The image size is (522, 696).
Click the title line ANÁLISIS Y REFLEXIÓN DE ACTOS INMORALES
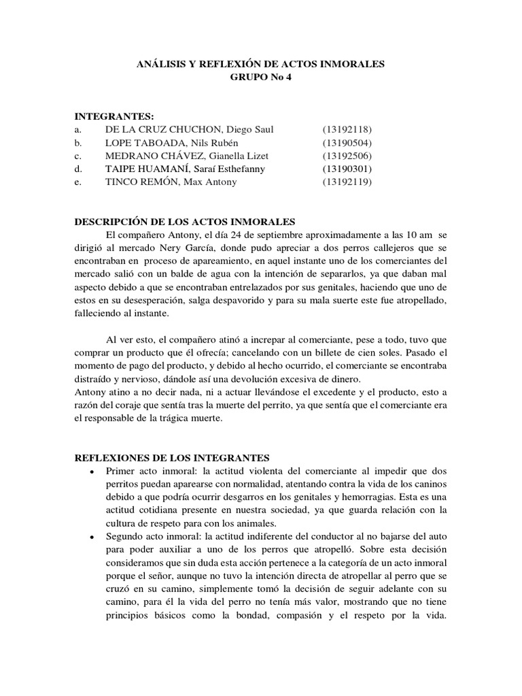click(x=261, y=64)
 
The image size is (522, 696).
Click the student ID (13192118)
click(x=347, y=129)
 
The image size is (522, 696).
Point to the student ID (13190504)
click(x=347, y=143)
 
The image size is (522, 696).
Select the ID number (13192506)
click(x=347, y=156)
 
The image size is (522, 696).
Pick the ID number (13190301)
click(x=347, y=169)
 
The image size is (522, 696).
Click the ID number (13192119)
click(x=347, y=182)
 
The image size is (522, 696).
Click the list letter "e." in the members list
click(x=77, y=182)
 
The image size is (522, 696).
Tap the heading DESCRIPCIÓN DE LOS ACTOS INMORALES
click(x=184, y=222)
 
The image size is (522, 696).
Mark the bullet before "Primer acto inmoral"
click(x=91, y=472)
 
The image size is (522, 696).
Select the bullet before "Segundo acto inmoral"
click(x=91, y=537)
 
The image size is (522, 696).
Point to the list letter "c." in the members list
click(x=77, y=156)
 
